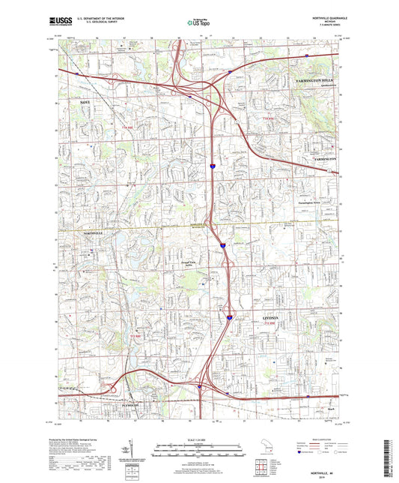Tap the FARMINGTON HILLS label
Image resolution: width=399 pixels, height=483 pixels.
point(319,79)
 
